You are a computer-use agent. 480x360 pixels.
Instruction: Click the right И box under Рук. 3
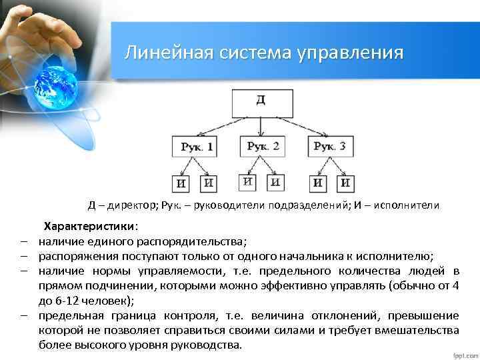coord(345,183)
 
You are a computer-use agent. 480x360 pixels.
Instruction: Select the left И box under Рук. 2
coord(248,182)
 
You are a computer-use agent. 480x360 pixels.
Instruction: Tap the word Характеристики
coord(89,227)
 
